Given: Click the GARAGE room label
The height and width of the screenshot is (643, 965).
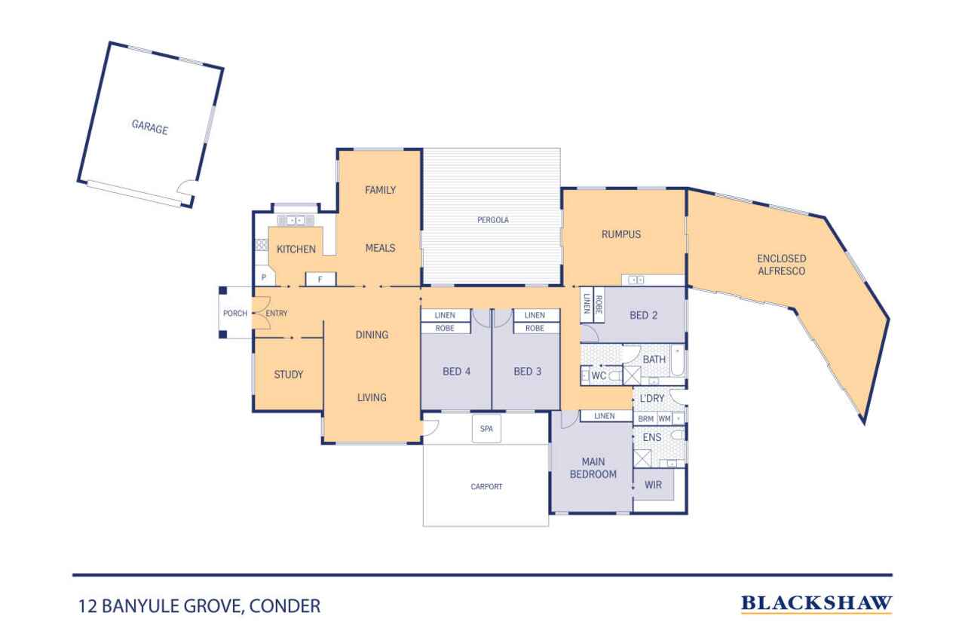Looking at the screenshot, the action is click(149, 127).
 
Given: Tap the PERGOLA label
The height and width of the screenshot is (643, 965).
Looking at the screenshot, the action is click(493, 220).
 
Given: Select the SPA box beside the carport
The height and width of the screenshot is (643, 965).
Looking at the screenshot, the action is click(486, 428).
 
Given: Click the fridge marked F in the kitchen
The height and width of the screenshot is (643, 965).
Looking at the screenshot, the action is click(320, 279).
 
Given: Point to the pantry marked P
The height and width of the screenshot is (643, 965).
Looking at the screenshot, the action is click(264, 277).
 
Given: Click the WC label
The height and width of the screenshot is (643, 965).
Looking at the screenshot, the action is click(599, 375).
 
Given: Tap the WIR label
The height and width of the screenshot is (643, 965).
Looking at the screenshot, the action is click(653, 485).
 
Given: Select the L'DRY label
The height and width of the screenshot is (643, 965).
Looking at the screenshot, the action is click(652, 398).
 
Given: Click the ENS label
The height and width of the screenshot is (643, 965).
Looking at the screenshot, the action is click(652, 437).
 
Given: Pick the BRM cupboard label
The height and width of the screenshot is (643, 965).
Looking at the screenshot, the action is click(646, 418).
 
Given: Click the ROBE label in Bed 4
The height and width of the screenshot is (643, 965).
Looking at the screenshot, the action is click(445, 328).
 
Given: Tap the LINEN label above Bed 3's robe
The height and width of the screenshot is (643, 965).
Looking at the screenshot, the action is click(535, 315).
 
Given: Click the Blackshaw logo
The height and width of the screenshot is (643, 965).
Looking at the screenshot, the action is click(816, 604).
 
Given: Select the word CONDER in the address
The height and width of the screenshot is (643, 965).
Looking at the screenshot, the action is click(285, 606).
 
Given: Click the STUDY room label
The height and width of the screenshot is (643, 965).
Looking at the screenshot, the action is click(289, 375).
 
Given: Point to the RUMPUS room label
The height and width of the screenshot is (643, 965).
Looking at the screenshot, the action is click(621, 234).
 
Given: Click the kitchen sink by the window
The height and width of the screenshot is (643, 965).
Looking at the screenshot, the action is click(296, 221).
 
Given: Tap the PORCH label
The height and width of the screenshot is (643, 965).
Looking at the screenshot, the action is click(235, 314).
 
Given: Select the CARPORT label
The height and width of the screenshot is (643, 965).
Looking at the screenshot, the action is click(486, 487).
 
